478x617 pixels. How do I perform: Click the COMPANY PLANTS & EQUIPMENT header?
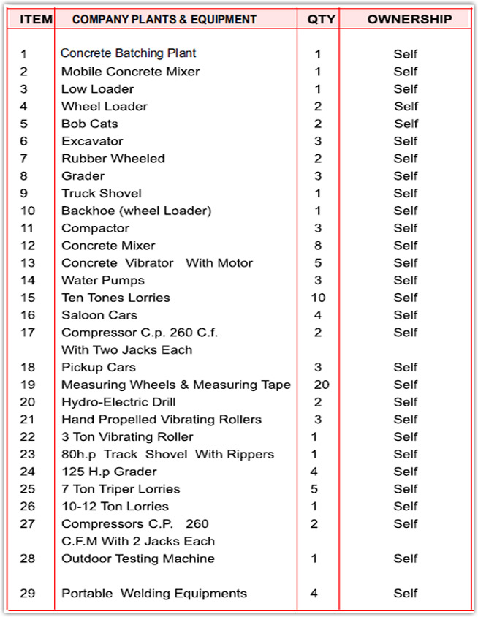(164, 19)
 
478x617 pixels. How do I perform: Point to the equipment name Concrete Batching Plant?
(129, 53)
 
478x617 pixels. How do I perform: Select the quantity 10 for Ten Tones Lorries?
(318, 298)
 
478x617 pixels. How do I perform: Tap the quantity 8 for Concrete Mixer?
(318, 246)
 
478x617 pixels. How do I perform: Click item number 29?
(28, 594)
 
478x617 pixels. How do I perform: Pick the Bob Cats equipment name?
(89, 124)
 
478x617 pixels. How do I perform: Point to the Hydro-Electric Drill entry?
(118, 402)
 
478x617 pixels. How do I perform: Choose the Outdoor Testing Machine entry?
(138, 559)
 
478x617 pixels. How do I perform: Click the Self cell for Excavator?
(406, 141)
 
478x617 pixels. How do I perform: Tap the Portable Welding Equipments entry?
(154, 594)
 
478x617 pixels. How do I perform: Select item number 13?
(28, 263)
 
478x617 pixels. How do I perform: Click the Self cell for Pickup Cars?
(406, 367)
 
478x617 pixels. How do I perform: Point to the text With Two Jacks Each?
(127, 349)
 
